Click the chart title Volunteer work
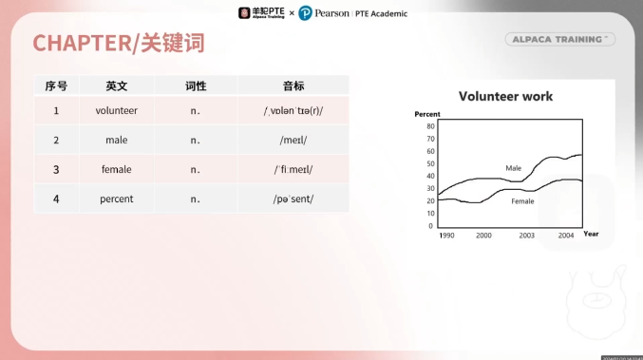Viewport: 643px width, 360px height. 505,96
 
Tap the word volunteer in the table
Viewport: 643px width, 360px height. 117,110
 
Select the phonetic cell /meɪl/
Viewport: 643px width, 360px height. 293,140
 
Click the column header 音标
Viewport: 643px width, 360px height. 293,85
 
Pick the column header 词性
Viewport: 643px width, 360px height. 196,85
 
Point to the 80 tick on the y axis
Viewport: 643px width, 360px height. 430,125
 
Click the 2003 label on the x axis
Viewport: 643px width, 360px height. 526,235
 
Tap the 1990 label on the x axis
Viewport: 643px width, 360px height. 446,235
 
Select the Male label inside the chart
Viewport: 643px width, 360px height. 513,168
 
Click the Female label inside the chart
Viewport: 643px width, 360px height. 522,201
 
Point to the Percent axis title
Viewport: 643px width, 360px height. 427,114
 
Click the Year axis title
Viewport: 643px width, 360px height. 591,234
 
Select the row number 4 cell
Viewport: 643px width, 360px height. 56,199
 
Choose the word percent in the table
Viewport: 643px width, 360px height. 117,199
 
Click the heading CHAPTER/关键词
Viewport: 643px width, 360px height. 119,43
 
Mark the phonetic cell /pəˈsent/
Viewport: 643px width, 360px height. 293,199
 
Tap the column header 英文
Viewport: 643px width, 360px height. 117,85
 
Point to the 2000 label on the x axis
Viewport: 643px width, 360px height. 483,235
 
